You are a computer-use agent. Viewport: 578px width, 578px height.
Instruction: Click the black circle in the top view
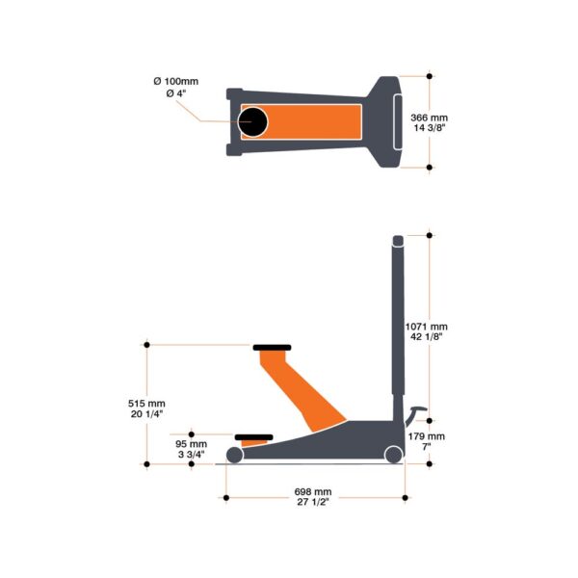tap(254, 121)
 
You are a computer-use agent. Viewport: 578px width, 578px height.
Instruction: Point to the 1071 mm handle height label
tap(426, 326)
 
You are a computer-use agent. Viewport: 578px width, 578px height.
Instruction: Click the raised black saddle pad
tap(272, 348)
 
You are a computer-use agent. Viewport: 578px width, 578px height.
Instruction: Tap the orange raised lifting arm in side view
tap(294, 390)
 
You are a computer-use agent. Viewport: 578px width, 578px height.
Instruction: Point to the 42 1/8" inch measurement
tap(426, 337)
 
